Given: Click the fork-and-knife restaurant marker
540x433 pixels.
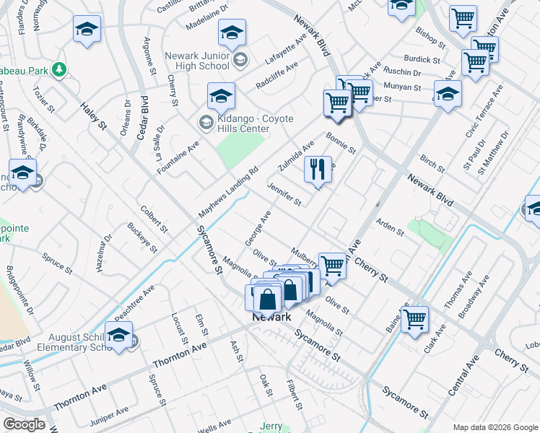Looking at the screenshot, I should tap(318, 170).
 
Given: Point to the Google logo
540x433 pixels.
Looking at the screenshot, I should tap(24, 424).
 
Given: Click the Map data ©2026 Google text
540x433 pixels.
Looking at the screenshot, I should tap(494, 427).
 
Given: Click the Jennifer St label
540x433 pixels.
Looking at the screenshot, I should tap(284, 193).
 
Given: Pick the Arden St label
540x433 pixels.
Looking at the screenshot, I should tap(389, 227).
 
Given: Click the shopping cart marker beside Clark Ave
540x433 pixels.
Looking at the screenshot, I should tap(414, 318).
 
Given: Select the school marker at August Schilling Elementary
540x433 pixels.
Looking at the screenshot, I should tap(119, 336).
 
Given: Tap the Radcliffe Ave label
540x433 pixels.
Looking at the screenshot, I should tap(276, 76).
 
